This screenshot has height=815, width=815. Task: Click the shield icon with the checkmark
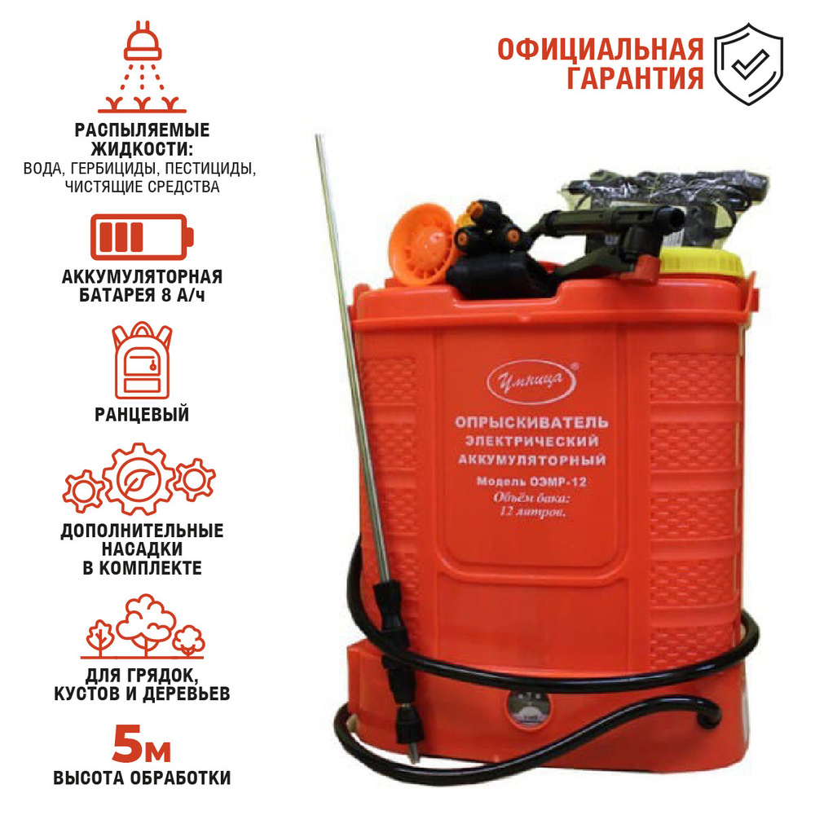point(748,64)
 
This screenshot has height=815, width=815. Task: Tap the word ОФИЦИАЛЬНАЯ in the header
point(601,50)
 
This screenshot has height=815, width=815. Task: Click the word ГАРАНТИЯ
point(635,78)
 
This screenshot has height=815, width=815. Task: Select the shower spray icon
point(143,67)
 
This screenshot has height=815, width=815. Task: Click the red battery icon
point(142,237)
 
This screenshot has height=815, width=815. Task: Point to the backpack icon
point(142,360)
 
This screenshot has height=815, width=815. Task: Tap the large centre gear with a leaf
point(139,478)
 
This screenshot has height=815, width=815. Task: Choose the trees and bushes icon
point(142,627)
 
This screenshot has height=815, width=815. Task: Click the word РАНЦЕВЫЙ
point(142,415)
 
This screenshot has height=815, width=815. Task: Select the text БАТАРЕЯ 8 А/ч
point(142,295)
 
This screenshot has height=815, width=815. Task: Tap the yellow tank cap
point(702,262)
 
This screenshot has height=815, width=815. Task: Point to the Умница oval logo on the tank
point(532,382)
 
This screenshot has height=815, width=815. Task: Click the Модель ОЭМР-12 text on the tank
point(531,482)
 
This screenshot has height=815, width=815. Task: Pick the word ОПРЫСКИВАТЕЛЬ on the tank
point(531,421)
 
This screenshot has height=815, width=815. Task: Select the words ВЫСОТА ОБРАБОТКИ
point(142,778)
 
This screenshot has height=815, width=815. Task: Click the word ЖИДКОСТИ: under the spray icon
point(142,149)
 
